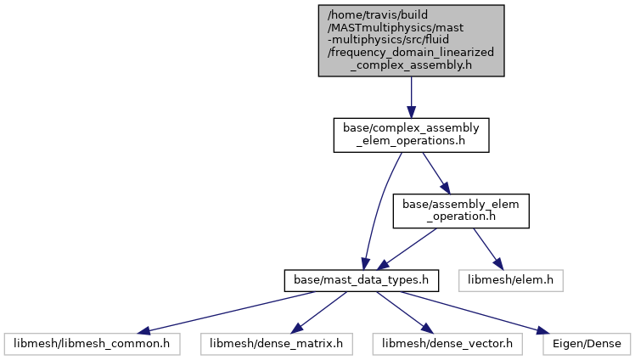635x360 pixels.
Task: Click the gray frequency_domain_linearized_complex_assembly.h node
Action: coord(411,40)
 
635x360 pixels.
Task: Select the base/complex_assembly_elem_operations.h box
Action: coord(411,135)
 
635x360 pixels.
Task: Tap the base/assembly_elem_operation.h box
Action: coord(460,211)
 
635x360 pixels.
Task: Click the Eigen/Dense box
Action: coord(585,344)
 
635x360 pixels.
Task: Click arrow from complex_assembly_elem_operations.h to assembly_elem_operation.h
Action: coord(435,172)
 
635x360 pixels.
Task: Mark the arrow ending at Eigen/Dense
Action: coord(475,311)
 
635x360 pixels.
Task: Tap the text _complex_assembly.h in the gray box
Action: coord(411,65)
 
